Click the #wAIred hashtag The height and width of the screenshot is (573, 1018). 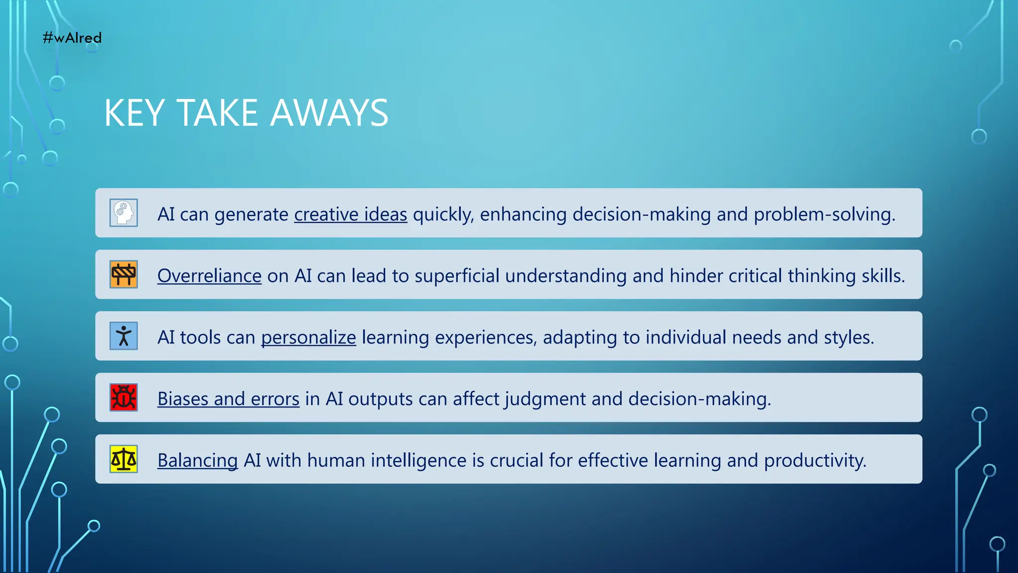(72, 38)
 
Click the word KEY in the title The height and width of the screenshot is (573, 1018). (134, 113)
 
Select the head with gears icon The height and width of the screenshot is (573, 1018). (124, 213)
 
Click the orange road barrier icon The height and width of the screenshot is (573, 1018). (124, 275)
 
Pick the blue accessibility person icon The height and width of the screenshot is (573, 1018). (124, 336)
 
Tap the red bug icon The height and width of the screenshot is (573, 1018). (124, 398)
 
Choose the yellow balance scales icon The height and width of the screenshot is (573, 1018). (124, 459)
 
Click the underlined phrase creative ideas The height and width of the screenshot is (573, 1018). (350, 214)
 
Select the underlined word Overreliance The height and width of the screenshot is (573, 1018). (209, 276)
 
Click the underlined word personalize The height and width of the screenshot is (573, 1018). (309, 338)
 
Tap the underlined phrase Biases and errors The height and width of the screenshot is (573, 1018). (228, 399)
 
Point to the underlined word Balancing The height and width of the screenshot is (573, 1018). (197, 461)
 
